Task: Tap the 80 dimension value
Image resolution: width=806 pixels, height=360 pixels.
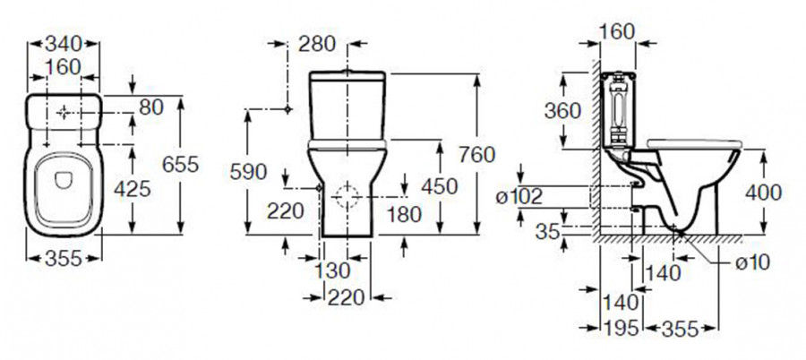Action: click(151, 107)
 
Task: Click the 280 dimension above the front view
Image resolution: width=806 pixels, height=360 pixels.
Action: click(317, 42)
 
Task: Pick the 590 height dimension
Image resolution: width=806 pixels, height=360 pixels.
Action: click(248, 172)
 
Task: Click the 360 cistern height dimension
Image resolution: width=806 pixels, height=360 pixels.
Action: click(562, 110)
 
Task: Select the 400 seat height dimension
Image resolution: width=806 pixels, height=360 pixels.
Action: click(762, 192)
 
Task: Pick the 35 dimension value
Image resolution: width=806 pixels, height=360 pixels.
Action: click(548, 232)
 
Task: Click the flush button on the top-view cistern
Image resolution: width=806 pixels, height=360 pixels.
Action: click(64, 113)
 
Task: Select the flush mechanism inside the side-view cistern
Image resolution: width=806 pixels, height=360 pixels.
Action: click(617, 110)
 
